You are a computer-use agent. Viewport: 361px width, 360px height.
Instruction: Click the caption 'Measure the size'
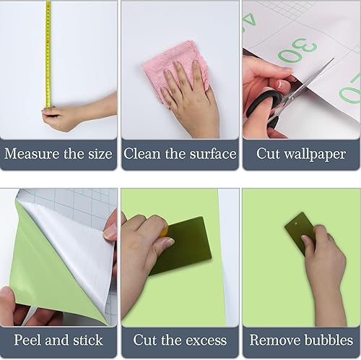[59, 154]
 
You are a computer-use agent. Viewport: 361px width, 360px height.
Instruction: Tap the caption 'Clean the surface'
[180, 154]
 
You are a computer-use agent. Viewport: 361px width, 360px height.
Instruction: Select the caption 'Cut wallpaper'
[301, 154]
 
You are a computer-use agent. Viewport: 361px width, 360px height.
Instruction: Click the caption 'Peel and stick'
[59, 340]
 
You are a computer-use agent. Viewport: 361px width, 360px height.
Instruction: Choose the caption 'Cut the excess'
[180, 340]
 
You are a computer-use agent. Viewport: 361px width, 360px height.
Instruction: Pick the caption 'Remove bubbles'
[301, 340]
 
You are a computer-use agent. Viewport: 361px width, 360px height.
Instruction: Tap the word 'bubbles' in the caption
[328, 340]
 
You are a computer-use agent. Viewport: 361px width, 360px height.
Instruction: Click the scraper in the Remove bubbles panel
[298, 230]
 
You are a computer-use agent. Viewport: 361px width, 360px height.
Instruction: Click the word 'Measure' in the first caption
[32, 154]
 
